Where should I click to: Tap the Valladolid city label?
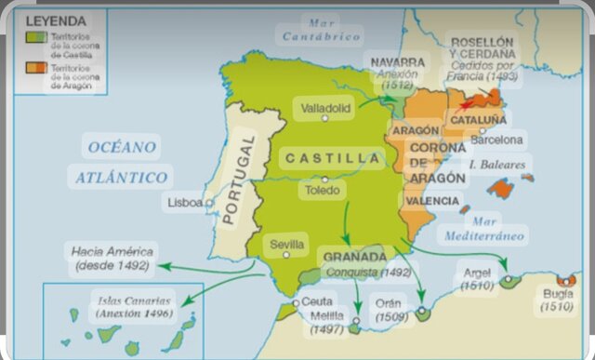[326, 108]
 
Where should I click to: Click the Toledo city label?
[323, 191]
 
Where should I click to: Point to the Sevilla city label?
[287, 245]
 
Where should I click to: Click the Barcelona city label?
[497, 140]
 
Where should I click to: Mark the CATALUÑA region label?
[479, 119]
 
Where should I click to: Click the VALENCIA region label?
[432, 201]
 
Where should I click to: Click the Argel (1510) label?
[478, 279]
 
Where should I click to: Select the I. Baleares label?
[499, 166]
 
